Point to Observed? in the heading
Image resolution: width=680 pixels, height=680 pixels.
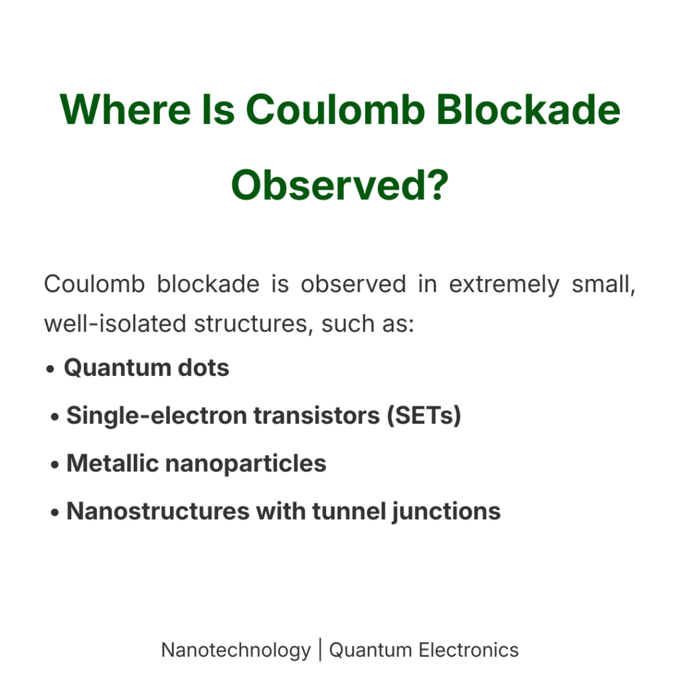[x=339, y=185]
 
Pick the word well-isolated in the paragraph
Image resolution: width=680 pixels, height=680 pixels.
[x=114, y=325]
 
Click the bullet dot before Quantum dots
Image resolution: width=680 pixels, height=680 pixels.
[x=50, y=369]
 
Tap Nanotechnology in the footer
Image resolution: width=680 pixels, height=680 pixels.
[x=236, y=649]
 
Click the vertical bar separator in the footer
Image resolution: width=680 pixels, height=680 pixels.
[x=320, y=649]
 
